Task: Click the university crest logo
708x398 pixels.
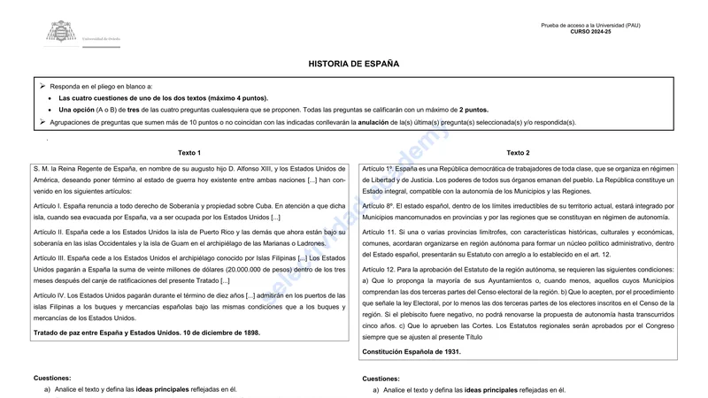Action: click(x=61, y=33)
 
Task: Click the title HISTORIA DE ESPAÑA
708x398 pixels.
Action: click(x=354, y=65)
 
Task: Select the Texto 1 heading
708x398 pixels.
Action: click(x=189, y=153)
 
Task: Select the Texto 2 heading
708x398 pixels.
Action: click(x=518, y=153)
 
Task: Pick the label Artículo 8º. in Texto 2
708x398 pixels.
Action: click(x=378, y=206)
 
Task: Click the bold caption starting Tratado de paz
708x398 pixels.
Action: click(x=147, y=333)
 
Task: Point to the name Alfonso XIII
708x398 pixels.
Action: click(x=250, y=168)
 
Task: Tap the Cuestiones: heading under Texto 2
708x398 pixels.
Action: click(x=381, y=378)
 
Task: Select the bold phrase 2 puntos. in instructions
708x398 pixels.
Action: click(x=473, y=110)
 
